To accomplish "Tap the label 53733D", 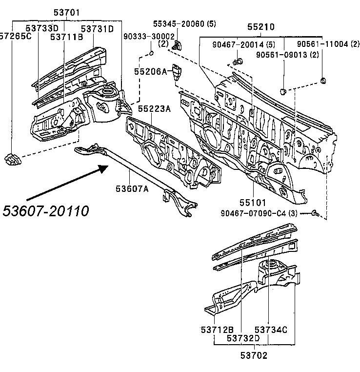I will pyautogui.click(x=42, y=29).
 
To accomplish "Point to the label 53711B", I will pyautogui.click(x=66, y=37).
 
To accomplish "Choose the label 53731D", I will pyautogui.click(x=97, y=29).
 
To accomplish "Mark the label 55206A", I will pyautogui.click(x=151, y=71).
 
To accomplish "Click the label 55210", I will pyautogui.click(x=261, y=28).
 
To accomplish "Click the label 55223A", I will pyautogui.click(x=154, y=109).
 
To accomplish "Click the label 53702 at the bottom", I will pyautogui.click(x=254, y=355).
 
